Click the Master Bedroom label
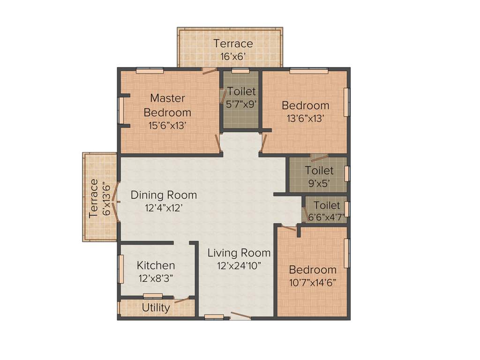[167, 105]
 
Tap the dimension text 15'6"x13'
[167, 125]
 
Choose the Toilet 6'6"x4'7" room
[326, 211]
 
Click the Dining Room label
[164, 195]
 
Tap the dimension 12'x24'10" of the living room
[239, 265]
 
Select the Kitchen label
[156, 265]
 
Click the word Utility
[156, 307]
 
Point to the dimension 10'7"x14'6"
[313, 282]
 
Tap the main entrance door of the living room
[240, 316]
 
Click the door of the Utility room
[182, 300]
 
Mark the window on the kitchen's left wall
[121, 269]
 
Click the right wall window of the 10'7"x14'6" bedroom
[347, 253]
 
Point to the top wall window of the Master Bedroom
[150, 70]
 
